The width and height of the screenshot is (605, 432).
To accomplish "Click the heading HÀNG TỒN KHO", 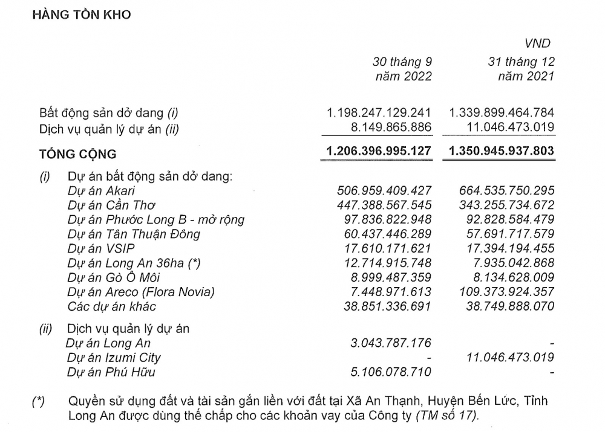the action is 81,14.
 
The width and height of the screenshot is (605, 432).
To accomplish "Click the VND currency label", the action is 538,43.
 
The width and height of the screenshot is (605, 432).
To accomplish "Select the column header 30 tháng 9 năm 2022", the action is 402,69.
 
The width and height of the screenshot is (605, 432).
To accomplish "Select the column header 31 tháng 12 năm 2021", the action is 521,69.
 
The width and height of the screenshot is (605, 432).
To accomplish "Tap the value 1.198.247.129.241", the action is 379,113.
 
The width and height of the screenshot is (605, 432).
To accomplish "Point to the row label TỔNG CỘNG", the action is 77,154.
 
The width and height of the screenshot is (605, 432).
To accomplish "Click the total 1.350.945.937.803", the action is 502,150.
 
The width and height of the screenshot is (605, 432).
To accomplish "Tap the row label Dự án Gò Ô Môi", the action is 113,277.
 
